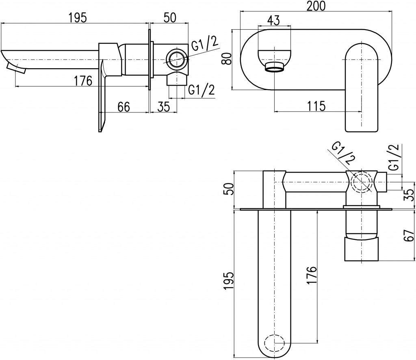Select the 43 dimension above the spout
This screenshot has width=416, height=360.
pyautogui.click(x=273, y=20)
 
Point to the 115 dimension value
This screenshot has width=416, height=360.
pyautogui.click(x=316, y=106)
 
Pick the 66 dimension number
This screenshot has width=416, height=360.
pyautogui.click(x=124, y=107)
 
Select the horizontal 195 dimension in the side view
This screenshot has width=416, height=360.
pyautogui.click(x=78, y=18)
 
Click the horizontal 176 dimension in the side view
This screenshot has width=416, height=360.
pyautogui.click(x=83, y=81)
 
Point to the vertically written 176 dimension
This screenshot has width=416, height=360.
pyautogui.click(x=312, y=275)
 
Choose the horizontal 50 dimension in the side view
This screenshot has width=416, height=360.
pyautogui.click(x=169, y=18)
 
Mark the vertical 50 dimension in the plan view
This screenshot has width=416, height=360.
pyautogui.click(x=228, y=189)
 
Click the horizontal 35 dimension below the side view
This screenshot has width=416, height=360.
pyautogui.click(x=163, y=107)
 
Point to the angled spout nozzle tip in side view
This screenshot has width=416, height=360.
pyautogui.click(x=16, y=68)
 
